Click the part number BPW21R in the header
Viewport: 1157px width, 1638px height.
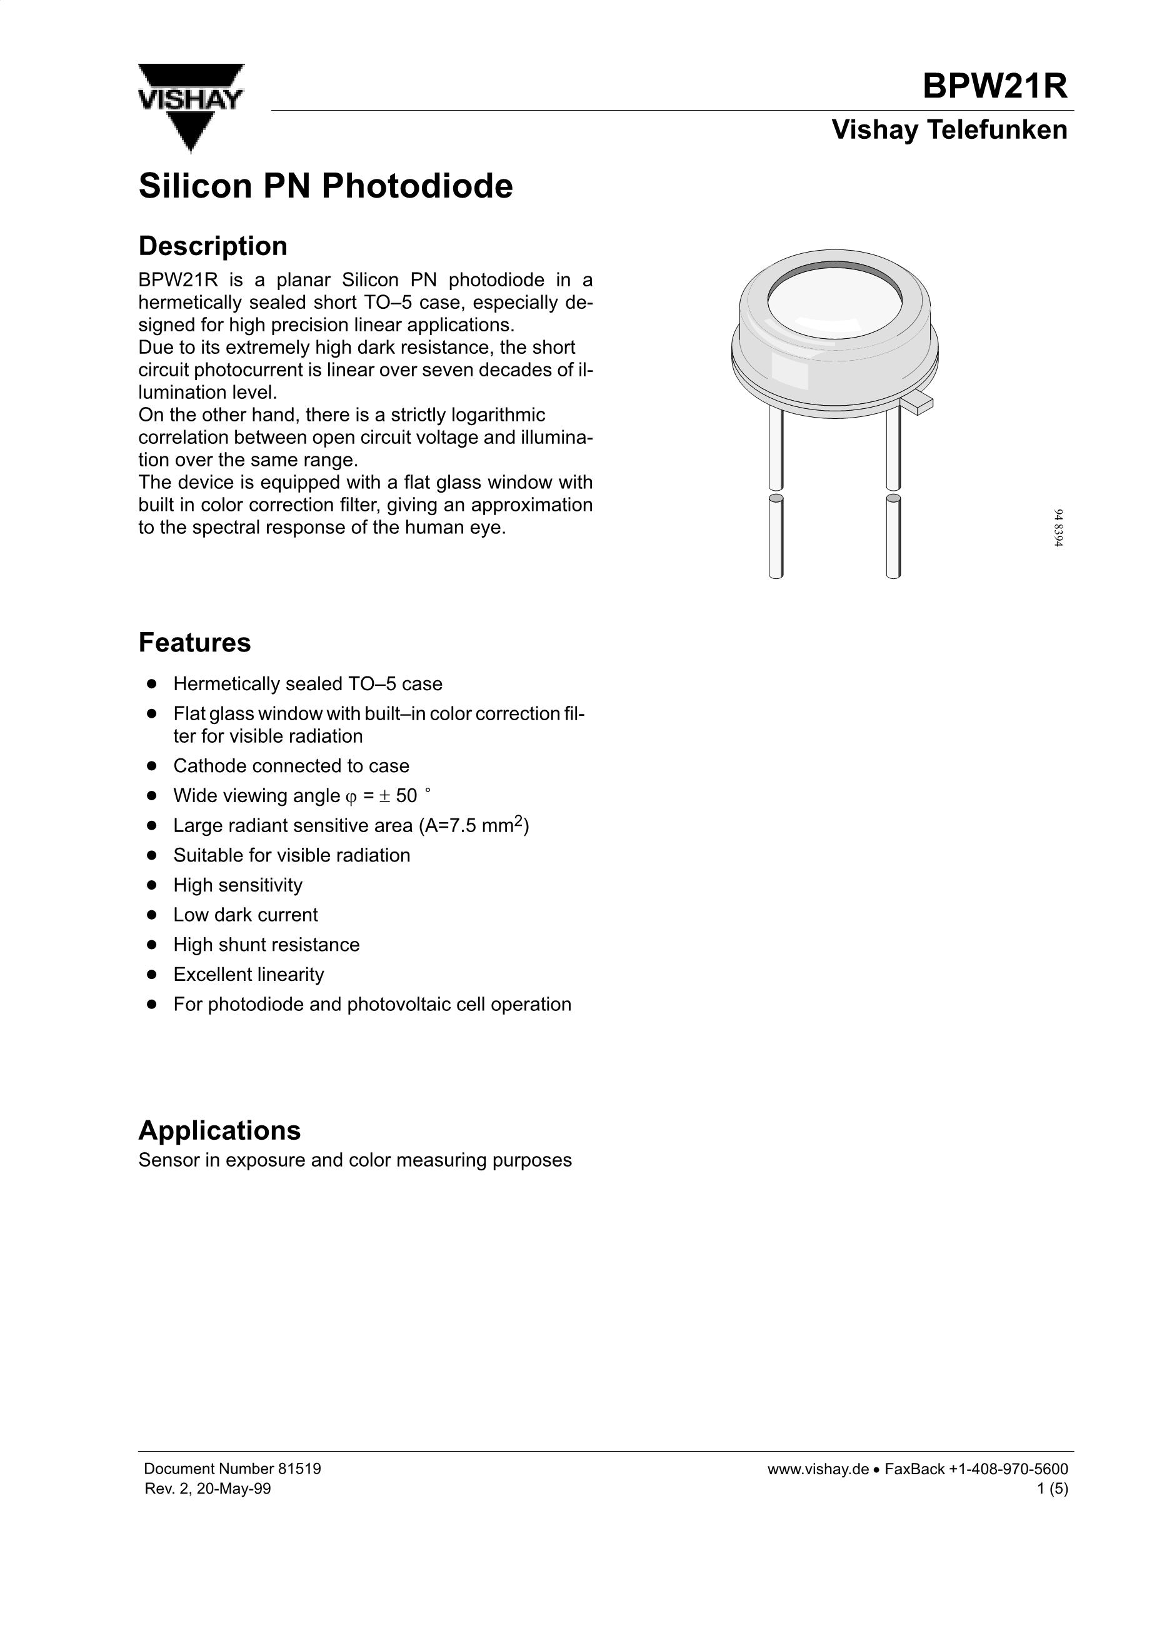(x=994, y=86)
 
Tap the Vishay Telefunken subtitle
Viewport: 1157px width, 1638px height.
(x=949, y=130)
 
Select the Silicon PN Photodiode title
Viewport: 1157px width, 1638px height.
(x=325, y=186)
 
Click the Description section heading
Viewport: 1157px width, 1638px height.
(x=213, y=246)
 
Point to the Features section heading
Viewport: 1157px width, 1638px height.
(x=194, y=643)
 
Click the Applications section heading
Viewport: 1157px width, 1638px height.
(x=219, y=1131)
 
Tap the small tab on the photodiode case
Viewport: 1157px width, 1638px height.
(x=918, y=403)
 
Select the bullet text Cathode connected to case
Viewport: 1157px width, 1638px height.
(x=291, y=766)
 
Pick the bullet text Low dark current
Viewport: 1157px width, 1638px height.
(x=246, y=915)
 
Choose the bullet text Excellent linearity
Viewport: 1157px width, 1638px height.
(x=248, y=975)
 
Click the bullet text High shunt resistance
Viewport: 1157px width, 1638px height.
(x=266, y=945)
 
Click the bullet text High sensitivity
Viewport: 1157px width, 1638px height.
(x=238, y=885)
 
